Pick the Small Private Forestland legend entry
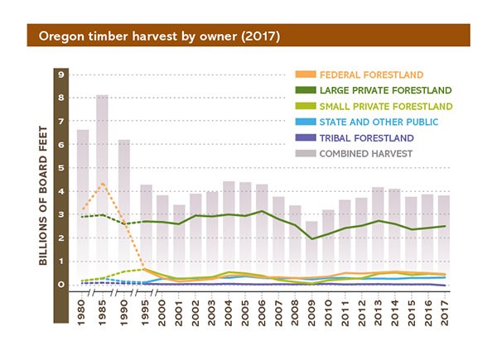tap(386, 106)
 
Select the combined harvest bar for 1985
tap(103, 190)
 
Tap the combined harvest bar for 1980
tap(83, 207)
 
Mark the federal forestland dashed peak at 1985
tap(103, 184)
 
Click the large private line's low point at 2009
tap(312, 238)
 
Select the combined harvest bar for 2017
tap(443, 240)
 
